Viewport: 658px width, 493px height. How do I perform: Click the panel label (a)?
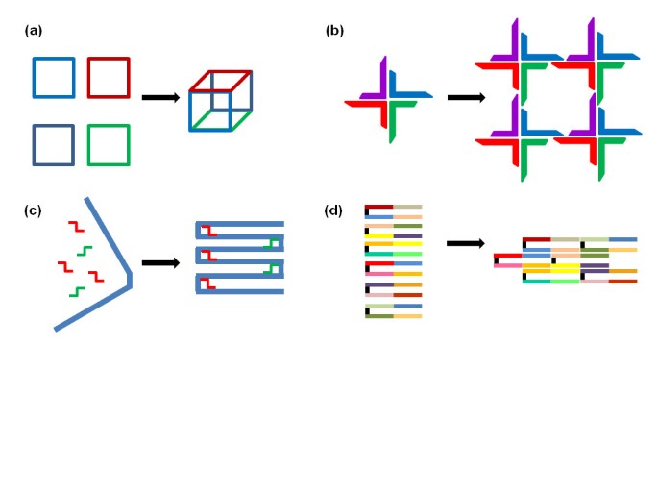coord(33,31)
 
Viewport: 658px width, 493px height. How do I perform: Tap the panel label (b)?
coord(334,31)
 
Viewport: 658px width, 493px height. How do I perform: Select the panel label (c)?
coord(33,210)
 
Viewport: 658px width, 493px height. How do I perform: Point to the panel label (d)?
coord(334,210)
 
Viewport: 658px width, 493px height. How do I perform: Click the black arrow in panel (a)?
coord(159,97)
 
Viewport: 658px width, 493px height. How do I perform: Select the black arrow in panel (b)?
coord(466,97)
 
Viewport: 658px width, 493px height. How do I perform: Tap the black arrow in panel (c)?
coord(159,261)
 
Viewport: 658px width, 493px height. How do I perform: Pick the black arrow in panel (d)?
coord(466,243)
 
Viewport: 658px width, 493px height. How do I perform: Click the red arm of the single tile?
coord(365,105)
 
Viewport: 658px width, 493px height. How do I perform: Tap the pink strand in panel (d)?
coord(507,264)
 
